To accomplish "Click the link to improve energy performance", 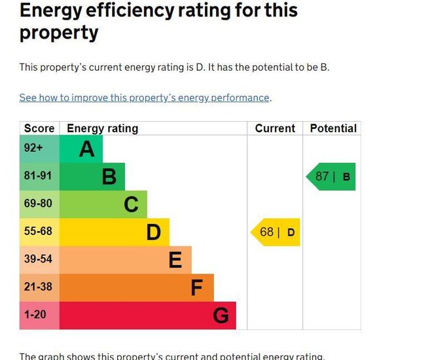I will tap(144, 98).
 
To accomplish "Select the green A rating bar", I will tap(81, 149).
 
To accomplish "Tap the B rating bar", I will tap(92, 177).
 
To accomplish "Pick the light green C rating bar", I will tap(103, 204).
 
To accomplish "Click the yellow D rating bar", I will tap(115, 232).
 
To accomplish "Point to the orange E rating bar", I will tap(126, 260).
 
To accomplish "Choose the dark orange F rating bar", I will tap(137, 287).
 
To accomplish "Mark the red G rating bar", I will tap(148, 315).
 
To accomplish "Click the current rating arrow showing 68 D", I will tap(276, 232).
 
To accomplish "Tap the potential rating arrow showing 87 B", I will tap(331, 177).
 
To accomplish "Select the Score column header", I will tap(39, 128).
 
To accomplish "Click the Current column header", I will tap(275, 128).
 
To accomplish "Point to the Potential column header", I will tap(333, 128).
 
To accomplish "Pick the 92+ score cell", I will tap(39, 149).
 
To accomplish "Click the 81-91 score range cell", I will tap(39, 177).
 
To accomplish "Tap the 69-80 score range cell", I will tap(39, 204).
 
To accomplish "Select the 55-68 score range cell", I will tap(39, 232).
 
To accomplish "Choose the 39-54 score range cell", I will tap(39, 260).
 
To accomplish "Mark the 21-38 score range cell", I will tap(39, 287).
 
